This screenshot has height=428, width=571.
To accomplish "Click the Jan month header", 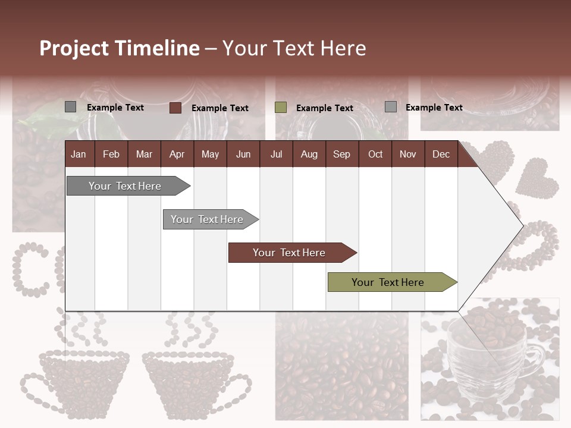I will (79, 155).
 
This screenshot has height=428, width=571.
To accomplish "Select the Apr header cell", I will (177, 155).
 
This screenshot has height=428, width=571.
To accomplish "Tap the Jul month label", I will (276, 155).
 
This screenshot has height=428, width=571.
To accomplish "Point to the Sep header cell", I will (341, 155).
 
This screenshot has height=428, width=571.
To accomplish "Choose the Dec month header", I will (441, 155).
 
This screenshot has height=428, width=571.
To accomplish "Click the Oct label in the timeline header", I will (375, 155).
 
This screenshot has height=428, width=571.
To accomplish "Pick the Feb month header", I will (111, 155).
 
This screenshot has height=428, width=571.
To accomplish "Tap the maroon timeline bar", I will (290, 253).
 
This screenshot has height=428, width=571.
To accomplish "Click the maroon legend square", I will (175, 108).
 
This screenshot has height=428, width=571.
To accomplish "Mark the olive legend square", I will (281, 108).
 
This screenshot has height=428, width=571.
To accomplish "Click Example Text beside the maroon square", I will (220, 108).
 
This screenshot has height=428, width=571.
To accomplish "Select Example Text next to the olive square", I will (325, 108).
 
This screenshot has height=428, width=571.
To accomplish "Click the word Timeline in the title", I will (157, 48).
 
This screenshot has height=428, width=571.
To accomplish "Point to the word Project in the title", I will (74, 48).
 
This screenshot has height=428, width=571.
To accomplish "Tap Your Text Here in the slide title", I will (294, 48).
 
